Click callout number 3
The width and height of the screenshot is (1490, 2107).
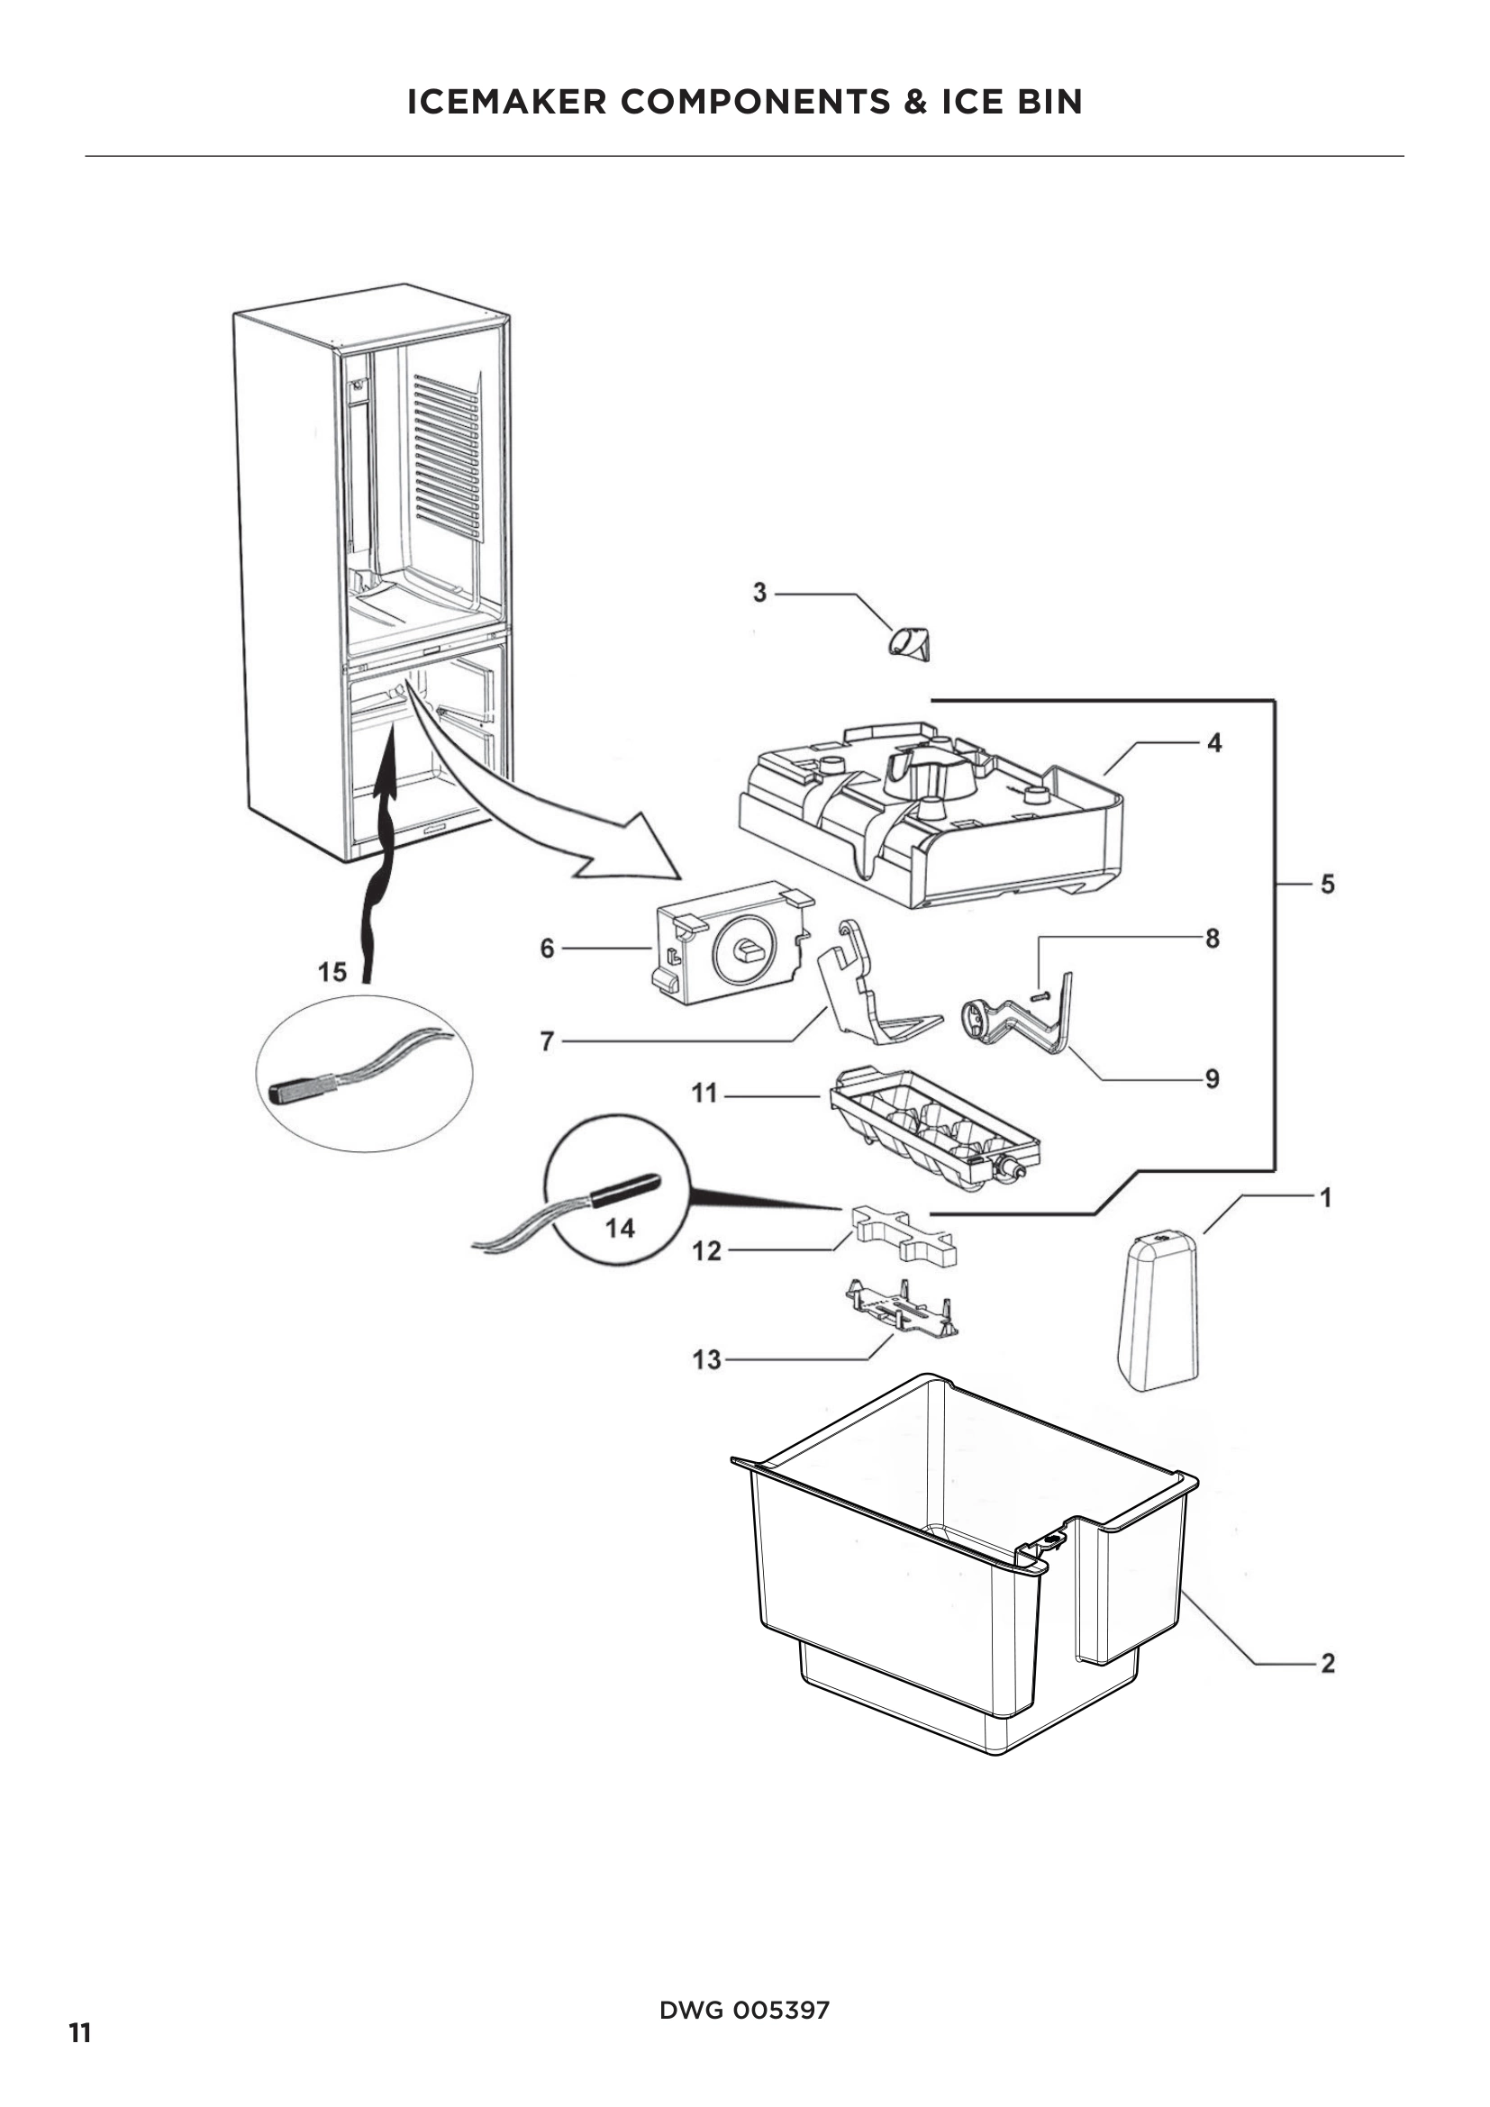(759, 593)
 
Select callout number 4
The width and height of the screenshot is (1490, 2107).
(1213, 743)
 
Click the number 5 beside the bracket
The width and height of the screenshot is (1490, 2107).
(1327, 885)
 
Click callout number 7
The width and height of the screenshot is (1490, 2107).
(547, 1041)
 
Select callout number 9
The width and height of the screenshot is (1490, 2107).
(1212, 1079)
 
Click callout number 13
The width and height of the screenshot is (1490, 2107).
(706, 1359)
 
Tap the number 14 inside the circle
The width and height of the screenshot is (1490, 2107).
(620, 1228)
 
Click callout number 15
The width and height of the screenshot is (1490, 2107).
(332, 972)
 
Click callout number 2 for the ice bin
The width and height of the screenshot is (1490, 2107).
(1327, 1663)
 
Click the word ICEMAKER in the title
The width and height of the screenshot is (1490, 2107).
(506, 101)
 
